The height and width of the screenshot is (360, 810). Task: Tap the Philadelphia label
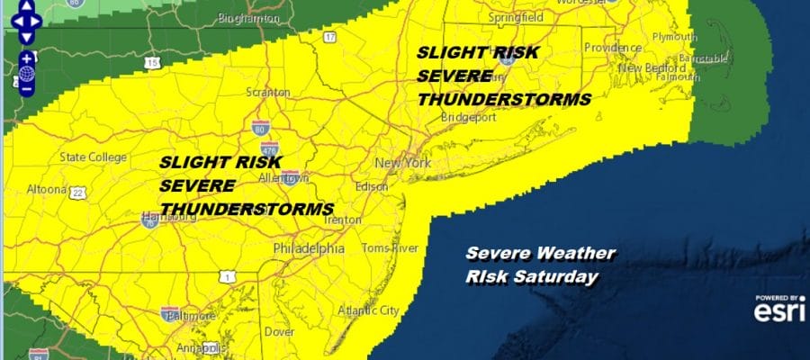[x=309, y=248]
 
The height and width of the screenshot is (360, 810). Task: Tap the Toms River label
[x=386, y=247]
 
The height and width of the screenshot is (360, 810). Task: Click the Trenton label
[x=342, y=219]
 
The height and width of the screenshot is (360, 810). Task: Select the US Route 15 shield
[x=152, y=63]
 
